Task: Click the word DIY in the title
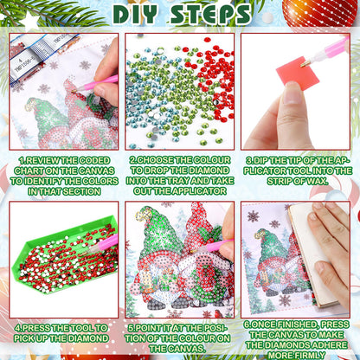pos(136,14)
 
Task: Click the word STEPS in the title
pos(210,14)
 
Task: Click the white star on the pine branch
pos(29,22)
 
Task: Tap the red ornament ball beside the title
pos(320,11)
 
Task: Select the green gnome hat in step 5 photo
pos(153,231)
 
